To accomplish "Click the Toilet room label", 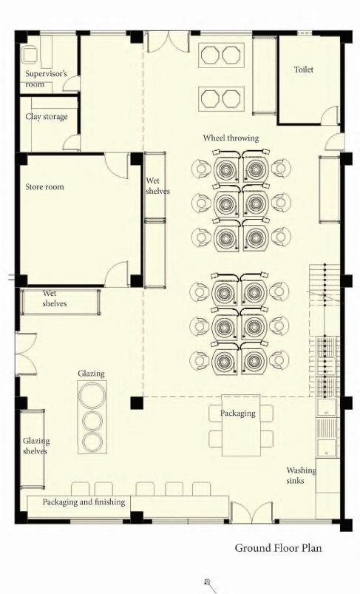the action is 304,70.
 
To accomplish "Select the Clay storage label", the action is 47,117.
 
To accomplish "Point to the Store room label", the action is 44,186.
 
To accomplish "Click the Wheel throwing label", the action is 231,138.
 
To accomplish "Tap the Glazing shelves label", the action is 36,446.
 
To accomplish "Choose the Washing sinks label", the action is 301,476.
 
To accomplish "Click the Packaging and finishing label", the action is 84,502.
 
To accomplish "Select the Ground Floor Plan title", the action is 278,548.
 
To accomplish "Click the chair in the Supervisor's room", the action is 29,55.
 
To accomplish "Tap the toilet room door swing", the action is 330,115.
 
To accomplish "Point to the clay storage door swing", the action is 72,143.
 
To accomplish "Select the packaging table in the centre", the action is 241,425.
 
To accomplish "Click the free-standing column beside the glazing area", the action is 137,402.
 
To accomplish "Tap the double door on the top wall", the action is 168,42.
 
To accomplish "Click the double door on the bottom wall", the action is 252,512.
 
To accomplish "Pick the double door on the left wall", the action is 26,354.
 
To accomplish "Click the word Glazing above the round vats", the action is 91,374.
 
